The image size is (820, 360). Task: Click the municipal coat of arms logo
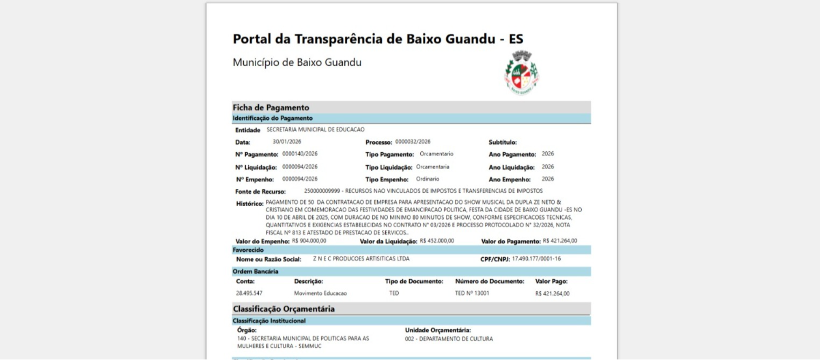521,72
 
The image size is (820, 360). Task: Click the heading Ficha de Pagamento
271,107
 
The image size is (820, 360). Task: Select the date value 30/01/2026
287,142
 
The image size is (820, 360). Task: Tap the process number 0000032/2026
413,142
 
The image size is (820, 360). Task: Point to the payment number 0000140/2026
300,154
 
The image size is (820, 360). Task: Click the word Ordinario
427,179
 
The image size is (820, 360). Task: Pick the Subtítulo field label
503,143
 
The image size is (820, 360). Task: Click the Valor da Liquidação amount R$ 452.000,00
437,241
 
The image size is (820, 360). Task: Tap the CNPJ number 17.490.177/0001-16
536,259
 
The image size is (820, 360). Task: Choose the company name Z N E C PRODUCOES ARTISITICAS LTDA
361,259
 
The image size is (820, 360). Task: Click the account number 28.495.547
249,293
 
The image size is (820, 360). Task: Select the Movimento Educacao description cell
320,293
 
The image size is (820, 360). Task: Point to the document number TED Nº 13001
472,293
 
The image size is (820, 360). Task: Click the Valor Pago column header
551,281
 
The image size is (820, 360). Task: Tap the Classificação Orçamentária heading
284,309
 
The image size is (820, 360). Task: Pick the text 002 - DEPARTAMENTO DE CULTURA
449,339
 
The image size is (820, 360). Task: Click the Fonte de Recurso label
260,192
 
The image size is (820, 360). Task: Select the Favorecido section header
248,250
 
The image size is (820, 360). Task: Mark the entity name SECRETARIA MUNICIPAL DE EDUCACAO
315,130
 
